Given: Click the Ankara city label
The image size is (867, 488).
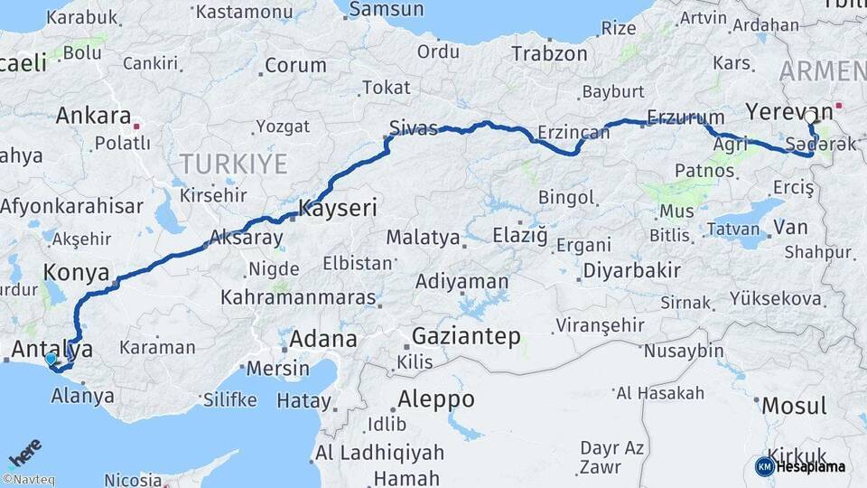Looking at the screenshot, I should pos(93,116).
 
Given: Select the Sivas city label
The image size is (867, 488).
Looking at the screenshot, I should pos(414,127).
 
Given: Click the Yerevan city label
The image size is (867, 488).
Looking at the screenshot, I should pos(782,113).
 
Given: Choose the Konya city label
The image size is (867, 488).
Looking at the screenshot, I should pos(76,272).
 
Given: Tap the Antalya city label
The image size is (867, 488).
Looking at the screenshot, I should pos(53,348).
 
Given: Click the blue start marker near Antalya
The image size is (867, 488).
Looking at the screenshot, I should pos(51,359).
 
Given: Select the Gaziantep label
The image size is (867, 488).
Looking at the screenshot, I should pos(466,337).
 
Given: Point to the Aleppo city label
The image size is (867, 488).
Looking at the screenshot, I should pos(437,399).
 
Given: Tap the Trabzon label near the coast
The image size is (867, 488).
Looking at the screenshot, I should pos(549,53).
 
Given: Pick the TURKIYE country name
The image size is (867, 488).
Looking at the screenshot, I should pos(233,164).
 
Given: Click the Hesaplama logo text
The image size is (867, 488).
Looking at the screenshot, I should pos(813,466).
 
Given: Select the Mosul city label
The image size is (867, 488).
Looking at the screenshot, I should pos(794,406).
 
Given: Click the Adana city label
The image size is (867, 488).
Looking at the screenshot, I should pos(323,340).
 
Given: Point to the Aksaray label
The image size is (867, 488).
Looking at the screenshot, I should pos(246,239).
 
